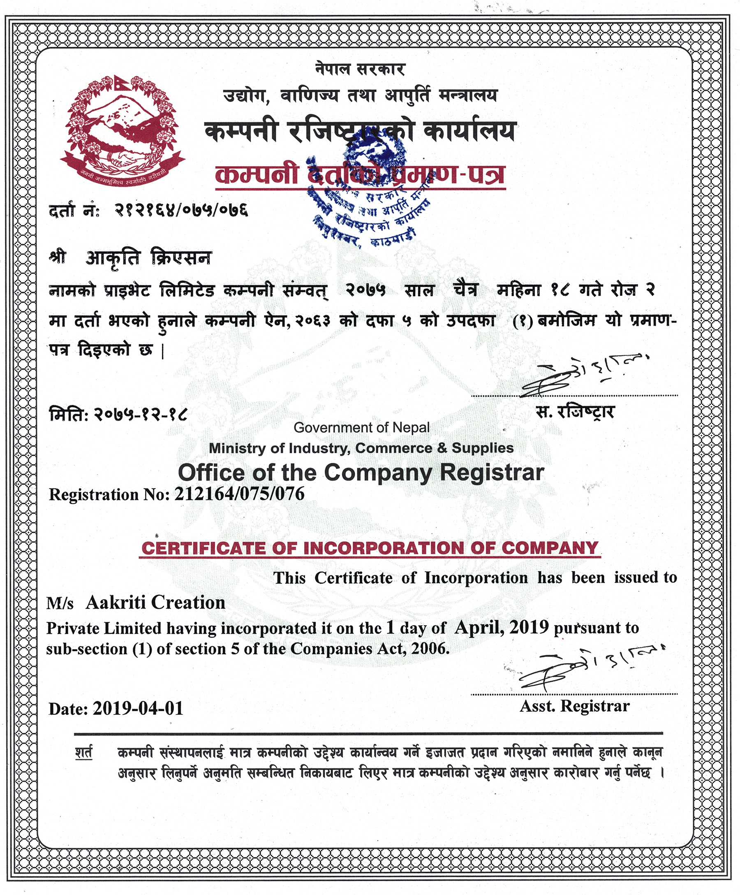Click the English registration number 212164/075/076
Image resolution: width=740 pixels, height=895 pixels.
pos(239,494)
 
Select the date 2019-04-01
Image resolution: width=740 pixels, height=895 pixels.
pos(138,708)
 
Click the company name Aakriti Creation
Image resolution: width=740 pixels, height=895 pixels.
pos(155,603)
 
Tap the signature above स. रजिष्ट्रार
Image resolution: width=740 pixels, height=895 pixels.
pos(584,375)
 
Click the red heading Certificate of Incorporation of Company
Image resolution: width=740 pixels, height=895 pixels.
pos(370,548)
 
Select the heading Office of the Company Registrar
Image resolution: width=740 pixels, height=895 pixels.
pos(361,472)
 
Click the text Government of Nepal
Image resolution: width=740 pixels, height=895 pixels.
pos(361,427)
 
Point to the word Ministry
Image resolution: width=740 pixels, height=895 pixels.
pos(237,448)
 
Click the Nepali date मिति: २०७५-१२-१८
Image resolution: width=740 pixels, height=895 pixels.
pos(118,414)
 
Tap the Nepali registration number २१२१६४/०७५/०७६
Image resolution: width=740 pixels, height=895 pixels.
pos(181,210)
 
